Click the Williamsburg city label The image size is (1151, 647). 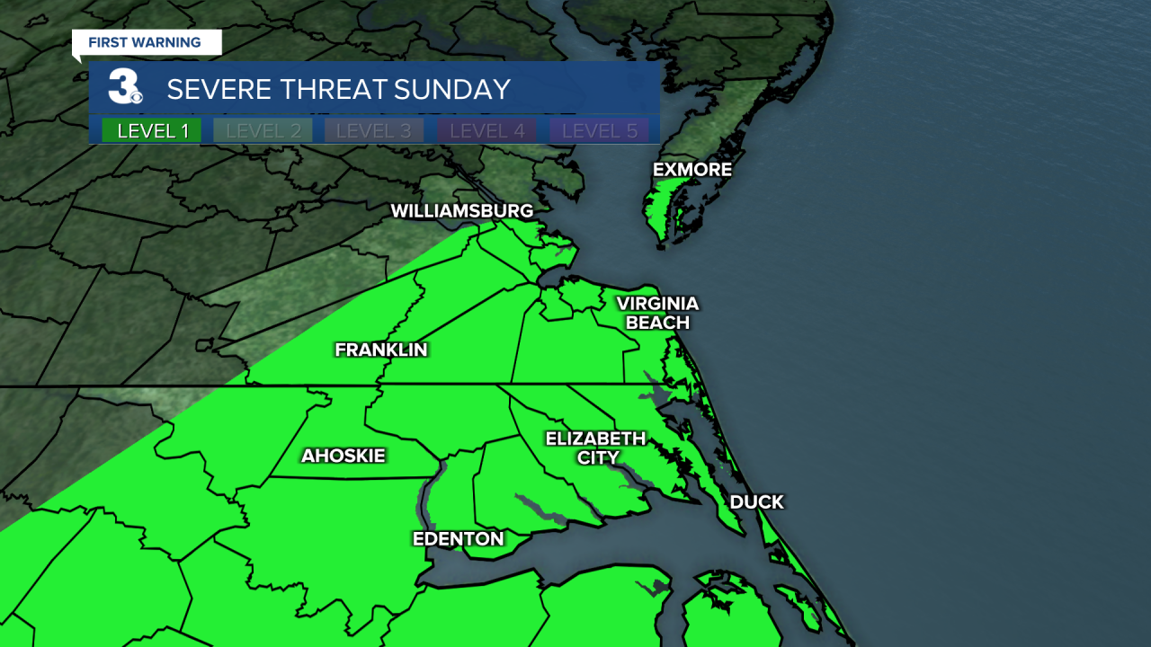(461, 211)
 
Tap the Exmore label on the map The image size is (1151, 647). (691, 170)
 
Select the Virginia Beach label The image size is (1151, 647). (657, 313)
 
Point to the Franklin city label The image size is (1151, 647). (380, 350)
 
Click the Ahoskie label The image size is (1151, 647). (343, 456)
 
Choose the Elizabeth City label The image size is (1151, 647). (595, 448)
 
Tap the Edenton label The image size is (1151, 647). (458, 539)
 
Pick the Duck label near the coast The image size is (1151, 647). (756, 502)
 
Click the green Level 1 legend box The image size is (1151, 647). (152, 130)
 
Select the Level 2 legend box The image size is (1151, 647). (263, 130)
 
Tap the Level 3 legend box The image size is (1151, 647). (373, 130)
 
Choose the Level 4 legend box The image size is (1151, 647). (486, 130)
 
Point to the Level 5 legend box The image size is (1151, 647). (599, 130)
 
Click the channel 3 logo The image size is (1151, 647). (124, 88)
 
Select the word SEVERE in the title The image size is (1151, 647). (216, 89)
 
